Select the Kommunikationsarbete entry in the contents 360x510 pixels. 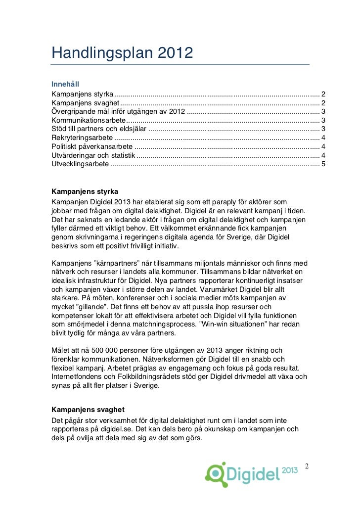[89, 120]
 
